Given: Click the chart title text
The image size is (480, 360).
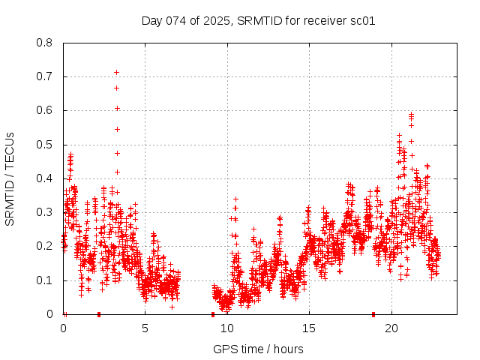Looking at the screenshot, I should pyautogui.click(x=258, y=20).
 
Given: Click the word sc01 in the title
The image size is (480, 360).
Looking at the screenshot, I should pyautogui.click(x=363, y=20).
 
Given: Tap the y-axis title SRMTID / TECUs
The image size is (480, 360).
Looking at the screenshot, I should pyautogui.click(x=10, y=178).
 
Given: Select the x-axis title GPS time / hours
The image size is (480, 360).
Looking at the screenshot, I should pyautogui.click(x=258, y=349).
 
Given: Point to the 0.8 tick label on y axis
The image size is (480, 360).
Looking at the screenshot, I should pyautogui.click(x=45, y=43).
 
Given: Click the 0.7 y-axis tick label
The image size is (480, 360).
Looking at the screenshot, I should pyautogui.click(x=45, y=76).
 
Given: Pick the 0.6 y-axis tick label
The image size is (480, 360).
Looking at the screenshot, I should pyautogui.click(x=45, y=110).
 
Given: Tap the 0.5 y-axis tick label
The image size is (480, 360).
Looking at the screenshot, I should pyautogui.click(x=45, y=145).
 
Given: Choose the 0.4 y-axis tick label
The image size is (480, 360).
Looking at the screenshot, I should pyautogui.click(x=45, y=178).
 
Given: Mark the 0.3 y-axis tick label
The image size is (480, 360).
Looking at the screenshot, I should pyautogui.click(x=45, y=212).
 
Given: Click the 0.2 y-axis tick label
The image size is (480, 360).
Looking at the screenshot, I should pyautogui.click(x=45, y=246).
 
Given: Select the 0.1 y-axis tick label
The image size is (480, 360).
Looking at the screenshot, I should pyautogui.click(x=45, y=280).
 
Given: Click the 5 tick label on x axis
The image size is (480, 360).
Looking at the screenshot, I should pyautogui.click(x=145, y=328).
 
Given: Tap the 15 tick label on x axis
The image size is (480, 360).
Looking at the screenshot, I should pyautogui.click(x=309, y=328).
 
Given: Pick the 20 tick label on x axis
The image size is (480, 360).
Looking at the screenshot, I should pyautogui.click(x=391, y=328).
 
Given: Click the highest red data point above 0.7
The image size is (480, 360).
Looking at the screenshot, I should pyautogui.click(x=116, y=72).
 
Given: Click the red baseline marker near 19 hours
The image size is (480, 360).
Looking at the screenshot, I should pyautogui.click(x=373, y=314).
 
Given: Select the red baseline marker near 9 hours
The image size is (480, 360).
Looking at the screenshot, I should pyautogui.click(x=213, y=314).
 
